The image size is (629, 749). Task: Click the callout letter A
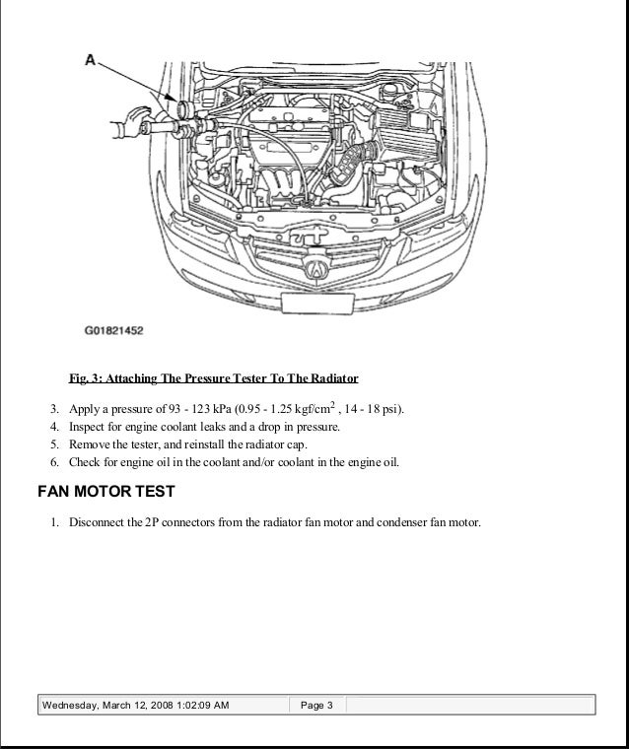point(90,60)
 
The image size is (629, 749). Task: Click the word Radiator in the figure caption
point(333,378)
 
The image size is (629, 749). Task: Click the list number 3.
point(53,409)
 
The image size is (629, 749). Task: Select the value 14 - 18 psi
point(368,409)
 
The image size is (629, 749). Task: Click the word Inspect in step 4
point(87,427)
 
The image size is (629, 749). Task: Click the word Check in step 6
point(85,462)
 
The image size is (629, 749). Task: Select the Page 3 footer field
point(316,706)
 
